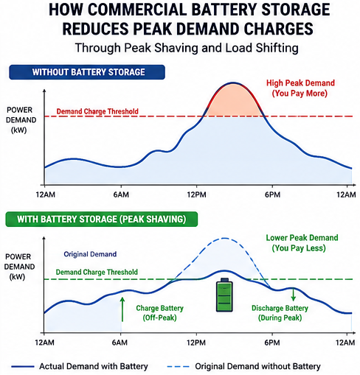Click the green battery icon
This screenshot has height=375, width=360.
[224, 295]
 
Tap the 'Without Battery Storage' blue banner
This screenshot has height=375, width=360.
[87, 72]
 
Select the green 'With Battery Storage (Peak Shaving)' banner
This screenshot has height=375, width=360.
[102, 219]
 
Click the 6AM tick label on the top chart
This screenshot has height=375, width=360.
[121, 194]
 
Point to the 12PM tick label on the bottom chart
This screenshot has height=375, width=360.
[196, 343]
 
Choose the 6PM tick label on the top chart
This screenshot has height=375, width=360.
[272, 194]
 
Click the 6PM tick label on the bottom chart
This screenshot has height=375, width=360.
[272, 343]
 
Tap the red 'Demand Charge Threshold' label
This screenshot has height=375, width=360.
[97, 111]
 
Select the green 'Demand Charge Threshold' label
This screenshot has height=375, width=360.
[97, 272]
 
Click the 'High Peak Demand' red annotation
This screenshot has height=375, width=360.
[300, 83]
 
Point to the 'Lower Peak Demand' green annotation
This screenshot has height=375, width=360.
[302, 238]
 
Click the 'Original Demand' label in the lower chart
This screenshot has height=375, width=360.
[90, 254]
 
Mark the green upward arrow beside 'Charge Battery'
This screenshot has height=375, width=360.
[122, 309]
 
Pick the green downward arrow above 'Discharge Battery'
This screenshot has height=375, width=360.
[293, 295]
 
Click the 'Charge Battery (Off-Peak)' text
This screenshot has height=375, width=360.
[160, 313]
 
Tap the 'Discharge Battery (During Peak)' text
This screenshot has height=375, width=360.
[280, 313]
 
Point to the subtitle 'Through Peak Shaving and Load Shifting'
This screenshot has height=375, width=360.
[187, 48]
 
